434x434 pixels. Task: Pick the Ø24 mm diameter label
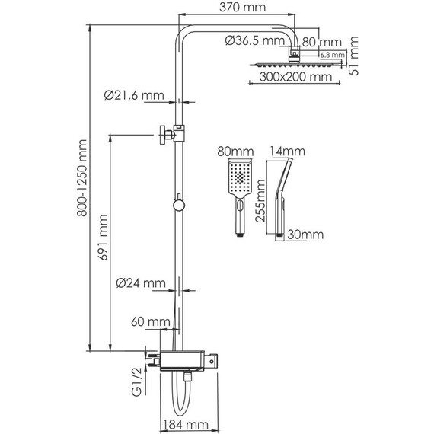coord(141,284)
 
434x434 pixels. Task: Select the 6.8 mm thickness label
coord(332,55)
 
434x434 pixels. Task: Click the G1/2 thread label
coord(136,382)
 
